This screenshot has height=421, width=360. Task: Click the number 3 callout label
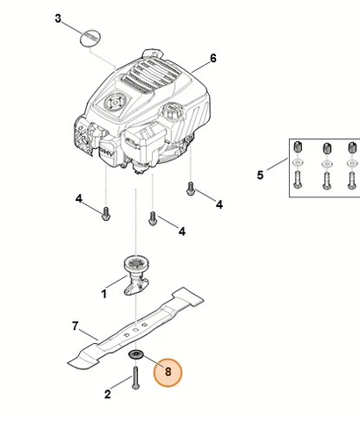coord(59,18)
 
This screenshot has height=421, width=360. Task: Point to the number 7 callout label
coord(76,325)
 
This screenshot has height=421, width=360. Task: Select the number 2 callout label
coord(108,394)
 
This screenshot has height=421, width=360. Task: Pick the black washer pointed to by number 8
coord(137,353)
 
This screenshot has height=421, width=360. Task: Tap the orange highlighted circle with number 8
coord(168,371)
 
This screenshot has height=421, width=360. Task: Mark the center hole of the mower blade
coord(135,329)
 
